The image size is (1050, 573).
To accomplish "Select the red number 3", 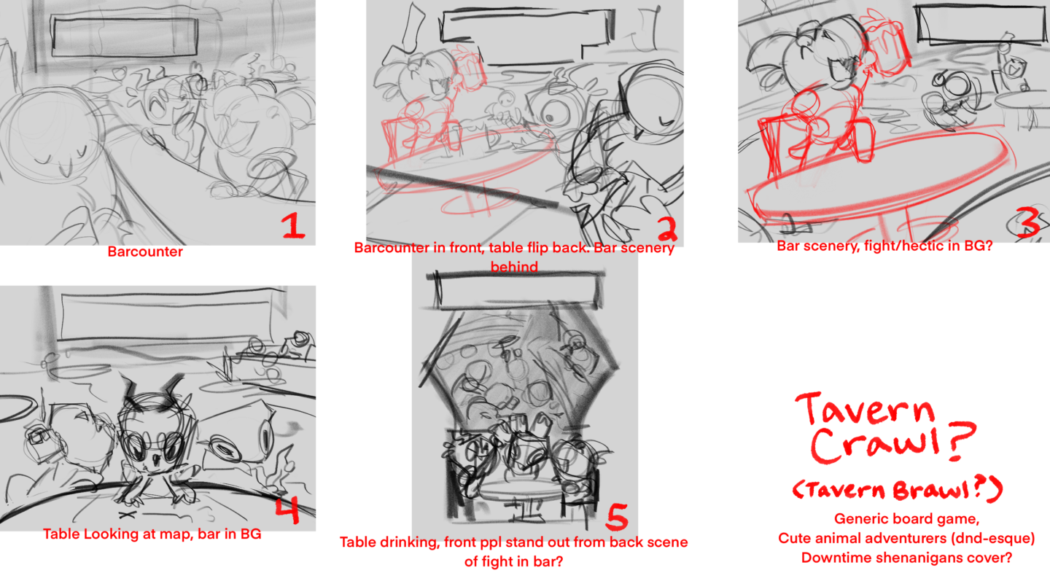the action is tap(1027, 222).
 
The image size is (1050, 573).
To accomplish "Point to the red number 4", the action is tap(287, 510).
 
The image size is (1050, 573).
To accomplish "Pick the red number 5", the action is tap(618, 517).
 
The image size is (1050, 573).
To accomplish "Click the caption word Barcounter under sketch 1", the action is tap(145, 252).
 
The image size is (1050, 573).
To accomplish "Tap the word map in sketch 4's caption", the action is tap(178, 534).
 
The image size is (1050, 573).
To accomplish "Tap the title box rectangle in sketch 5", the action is tap(515, 289).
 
